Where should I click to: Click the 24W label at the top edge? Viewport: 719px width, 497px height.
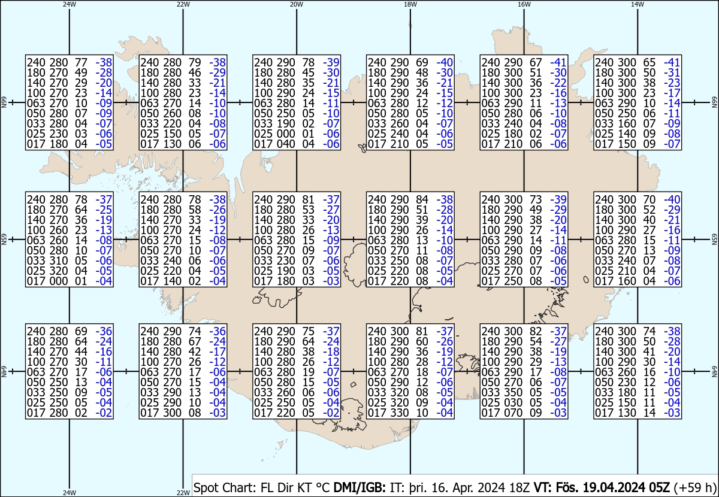pos(70,4)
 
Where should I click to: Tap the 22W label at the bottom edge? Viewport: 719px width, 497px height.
pos(183,493)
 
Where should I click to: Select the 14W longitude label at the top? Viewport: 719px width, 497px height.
pos(638,4)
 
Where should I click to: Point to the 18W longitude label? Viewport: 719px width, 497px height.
pos(410,4)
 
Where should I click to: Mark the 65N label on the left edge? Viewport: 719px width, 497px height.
pos(4,240)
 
